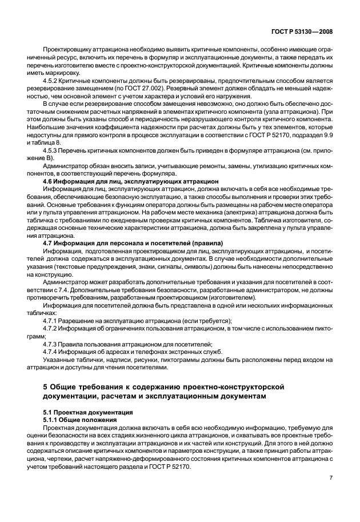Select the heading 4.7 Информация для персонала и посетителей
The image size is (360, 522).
[133, 244]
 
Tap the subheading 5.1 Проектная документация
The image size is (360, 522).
[87, 412]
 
